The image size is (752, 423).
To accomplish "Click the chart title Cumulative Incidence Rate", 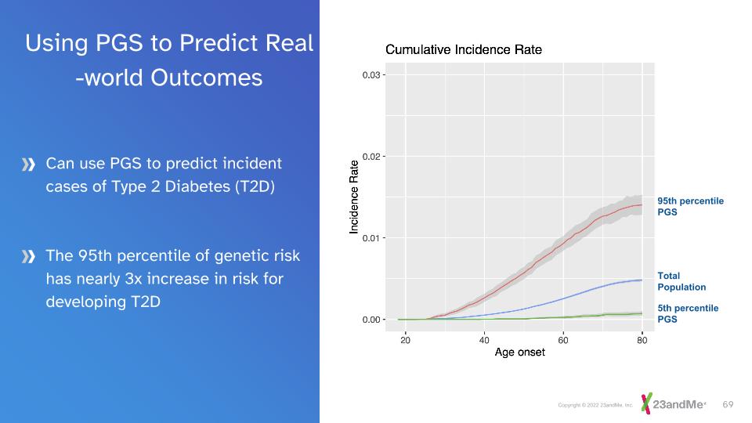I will tap(464, 50).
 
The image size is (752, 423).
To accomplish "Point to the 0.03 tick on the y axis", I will tap(371, 75).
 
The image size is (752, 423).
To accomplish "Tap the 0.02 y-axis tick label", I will tap(371, 157).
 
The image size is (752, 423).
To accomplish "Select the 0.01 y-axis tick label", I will tap(371, 238).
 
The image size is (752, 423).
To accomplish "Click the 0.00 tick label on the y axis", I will tap(371, 320).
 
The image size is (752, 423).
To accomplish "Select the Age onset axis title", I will tap(520, 352).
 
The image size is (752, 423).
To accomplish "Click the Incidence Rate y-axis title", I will tap(354, 197).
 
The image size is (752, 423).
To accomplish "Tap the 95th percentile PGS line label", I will tap(690, 207).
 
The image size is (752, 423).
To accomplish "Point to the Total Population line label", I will tap(681, 281).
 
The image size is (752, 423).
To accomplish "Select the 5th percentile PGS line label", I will tap(687, 313).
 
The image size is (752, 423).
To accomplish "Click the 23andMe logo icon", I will tap(646, 403).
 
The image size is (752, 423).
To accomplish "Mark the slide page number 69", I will tap(728, 404).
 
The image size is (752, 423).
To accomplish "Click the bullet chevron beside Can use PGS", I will tap(29, 164).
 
